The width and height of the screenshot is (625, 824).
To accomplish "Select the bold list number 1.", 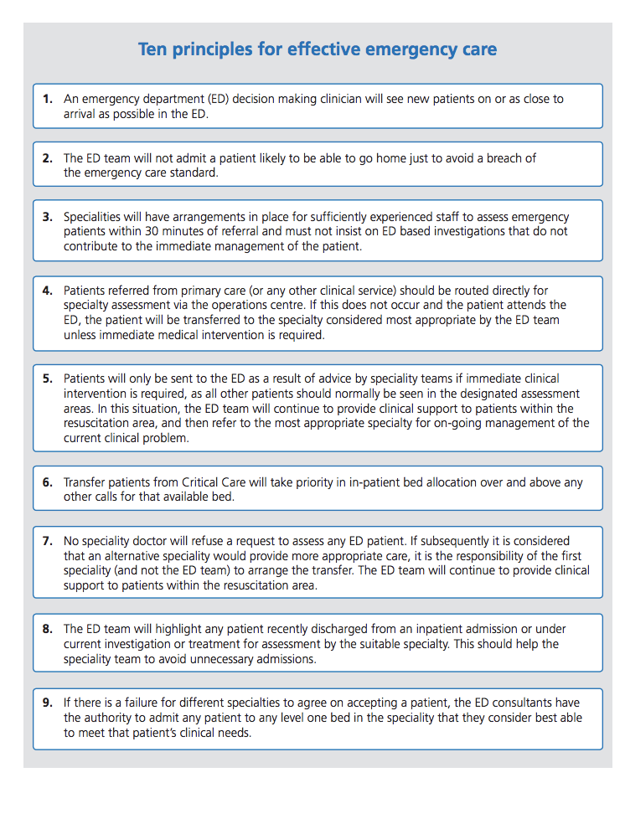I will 47,99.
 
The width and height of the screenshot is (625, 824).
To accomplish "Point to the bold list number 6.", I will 47,482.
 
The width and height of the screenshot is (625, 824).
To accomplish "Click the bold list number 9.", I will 47,703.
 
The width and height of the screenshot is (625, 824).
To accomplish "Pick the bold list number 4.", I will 47,291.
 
